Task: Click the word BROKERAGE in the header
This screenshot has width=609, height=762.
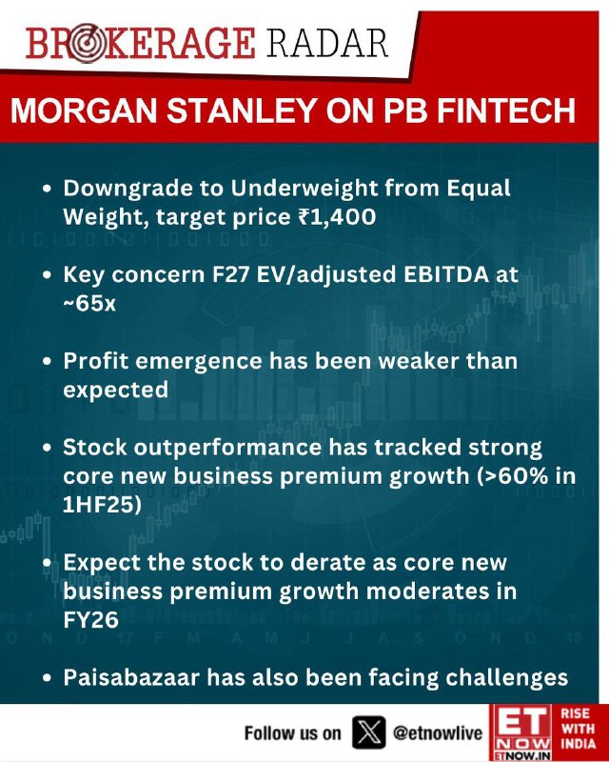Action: (x=140, y=43)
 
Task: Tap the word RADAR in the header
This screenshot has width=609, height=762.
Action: (x=326, y=43)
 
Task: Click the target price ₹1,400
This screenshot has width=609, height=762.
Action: (x=337, y=216)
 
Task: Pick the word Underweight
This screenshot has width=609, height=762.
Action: (x=304, y=188)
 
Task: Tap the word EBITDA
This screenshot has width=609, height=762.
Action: (x=446, y=274)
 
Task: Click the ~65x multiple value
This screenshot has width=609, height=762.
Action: (x=89, y=303)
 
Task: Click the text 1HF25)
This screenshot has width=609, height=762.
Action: (x=102, y=505)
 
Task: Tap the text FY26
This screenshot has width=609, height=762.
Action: (x=90, y=620)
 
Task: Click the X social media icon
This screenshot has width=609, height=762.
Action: (x=369, y=732)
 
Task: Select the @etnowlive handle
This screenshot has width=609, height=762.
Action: (x=438, y=732)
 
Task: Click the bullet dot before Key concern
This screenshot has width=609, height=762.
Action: (x=47, y=275)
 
